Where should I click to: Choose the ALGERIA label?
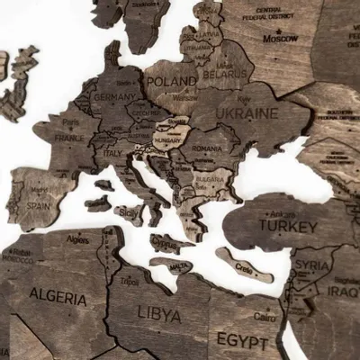(58, 295)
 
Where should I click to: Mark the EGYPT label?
(241, 342)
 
